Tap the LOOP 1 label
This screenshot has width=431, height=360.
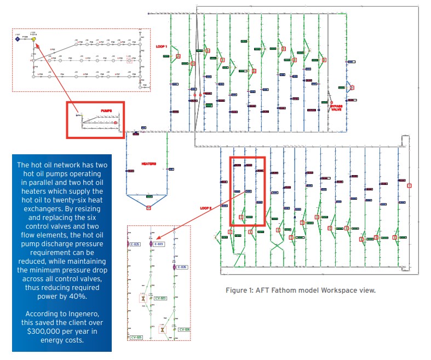[162, 47]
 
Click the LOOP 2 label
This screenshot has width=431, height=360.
[205, 208]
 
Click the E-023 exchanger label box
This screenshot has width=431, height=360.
[159, 244]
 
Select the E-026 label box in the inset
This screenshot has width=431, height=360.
[182, 267]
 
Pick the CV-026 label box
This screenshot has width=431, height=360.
[185, 329]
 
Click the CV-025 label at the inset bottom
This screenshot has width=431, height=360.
[136, 338]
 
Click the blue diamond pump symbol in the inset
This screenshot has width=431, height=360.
[18, 39]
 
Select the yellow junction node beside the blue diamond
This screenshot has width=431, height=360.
[33, 39]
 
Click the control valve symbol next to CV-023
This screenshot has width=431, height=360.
[142, 299]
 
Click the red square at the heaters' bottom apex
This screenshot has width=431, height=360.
[148, 207]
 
